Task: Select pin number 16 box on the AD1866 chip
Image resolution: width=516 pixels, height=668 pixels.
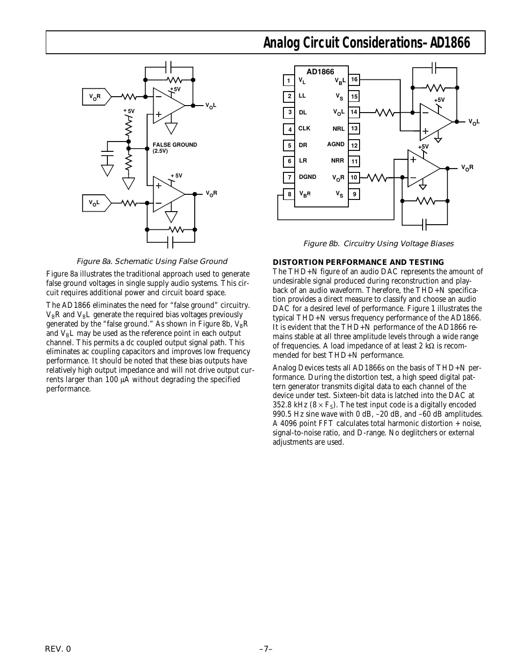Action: coord(354,80)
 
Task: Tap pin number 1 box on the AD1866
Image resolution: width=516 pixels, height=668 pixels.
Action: coord(289,81)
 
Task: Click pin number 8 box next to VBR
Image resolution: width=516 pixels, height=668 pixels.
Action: coord(289,194)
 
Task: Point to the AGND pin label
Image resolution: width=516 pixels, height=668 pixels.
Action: coord(336,144)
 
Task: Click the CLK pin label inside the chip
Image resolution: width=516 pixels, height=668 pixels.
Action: coord(304,128)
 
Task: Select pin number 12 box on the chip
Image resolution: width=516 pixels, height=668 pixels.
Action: coord(354,145)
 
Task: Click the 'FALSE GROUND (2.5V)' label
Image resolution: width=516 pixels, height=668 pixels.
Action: coord(175,148)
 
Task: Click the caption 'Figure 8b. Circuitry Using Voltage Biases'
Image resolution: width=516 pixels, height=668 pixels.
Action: coord(378,243)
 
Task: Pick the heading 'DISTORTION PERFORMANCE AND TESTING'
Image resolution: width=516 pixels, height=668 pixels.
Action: coord(358,262)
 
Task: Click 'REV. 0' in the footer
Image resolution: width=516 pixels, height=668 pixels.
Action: coord(58,649)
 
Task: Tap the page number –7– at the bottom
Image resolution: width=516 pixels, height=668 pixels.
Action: coord(265,649)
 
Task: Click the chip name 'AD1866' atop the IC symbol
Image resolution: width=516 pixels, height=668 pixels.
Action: coord(320,71)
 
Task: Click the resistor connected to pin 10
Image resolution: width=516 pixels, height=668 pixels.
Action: coord(377,177)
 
